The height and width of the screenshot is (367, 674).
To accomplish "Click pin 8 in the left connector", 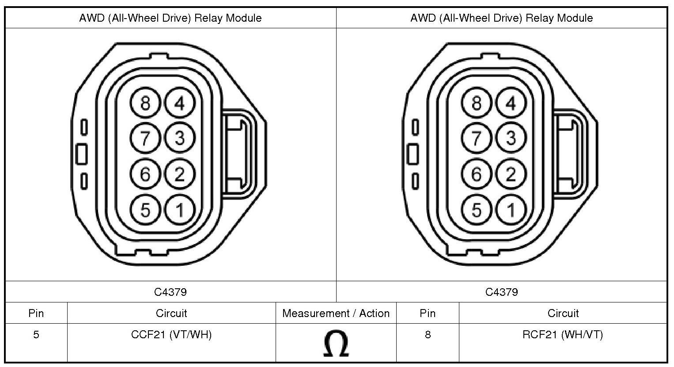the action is [145, 103].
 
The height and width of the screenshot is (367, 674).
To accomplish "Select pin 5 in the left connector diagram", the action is [145, 210].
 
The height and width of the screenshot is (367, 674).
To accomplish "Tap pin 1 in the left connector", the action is [180, 210].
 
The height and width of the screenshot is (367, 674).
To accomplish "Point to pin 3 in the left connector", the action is [180, 138].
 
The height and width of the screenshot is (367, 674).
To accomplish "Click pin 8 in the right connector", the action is [476, 103].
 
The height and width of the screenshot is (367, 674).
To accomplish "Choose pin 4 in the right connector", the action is [511, 103].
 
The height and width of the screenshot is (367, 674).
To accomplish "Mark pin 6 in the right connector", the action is [476, 174].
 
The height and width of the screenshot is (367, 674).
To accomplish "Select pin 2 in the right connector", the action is [511, 174].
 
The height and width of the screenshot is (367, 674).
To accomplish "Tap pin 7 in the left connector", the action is [145, 138].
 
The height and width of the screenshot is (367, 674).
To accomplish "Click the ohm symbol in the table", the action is [336, 344].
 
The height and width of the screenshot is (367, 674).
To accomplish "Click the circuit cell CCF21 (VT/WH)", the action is [171, 335].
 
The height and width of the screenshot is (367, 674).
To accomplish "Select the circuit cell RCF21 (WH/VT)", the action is [563, 335].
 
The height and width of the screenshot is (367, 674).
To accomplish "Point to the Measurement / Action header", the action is [336, 313].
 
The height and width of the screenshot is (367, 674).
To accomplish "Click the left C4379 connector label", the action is [170, 292].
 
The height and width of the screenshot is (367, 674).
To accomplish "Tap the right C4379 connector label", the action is [502, 292].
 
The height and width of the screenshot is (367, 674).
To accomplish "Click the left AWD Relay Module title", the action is [170, 18].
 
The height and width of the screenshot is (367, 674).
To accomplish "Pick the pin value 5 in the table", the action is [36, 335].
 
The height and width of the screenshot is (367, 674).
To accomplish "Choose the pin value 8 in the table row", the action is [428, 335].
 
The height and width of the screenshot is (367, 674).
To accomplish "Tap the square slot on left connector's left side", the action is [81, 154].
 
